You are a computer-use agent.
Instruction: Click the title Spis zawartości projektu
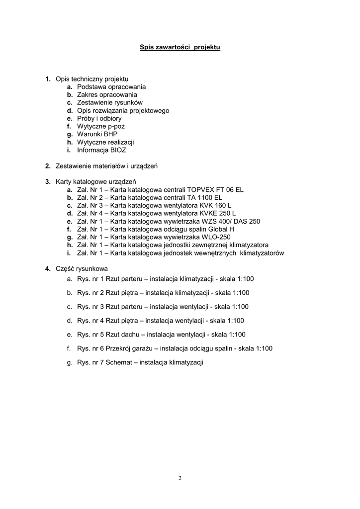coord(180,47)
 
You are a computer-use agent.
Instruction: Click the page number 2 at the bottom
coord(180,478)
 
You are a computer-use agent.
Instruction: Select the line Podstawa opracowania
coord(111,86)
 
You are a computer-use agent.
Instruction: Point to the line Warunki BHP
coord(97,134)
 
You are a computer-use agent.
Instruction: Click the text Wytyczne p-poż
coord(101,126)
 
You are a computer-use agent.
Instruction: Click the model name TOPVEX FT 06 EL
coord(215,189)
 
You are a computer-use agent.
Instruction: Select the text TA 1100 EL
coord(204,197)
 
